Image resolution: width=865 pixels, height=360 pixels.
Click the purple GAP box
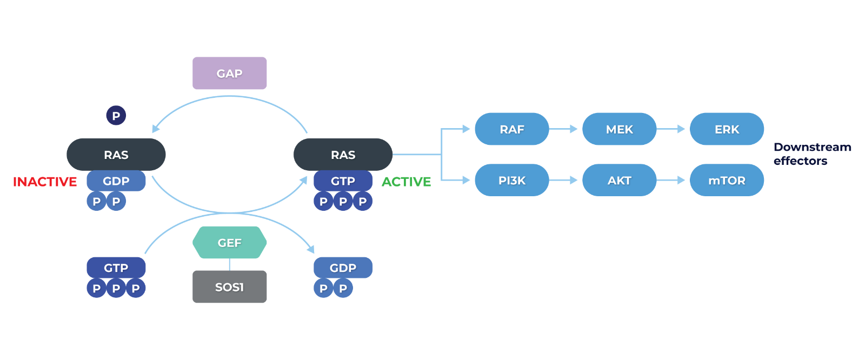click(229, 73)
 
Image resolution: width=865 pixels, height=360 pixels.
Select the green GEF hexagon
click(229, 243)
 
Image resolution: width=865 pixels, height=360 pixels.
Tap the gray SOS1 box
click(229, 286)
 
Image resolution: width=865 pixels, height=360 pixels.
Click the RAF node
click(511, 129)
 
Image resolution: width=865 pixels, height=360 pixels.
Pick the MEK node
click(619, 129)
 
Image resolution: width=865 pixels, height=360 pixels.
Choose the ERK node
click(727, 129)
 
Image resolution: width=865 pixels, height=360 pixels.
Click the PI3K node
click(511, 180)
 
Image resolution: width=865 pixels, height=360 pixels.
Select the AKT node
click(619, 180)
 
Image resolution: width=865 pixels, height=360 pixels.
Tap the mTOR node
click(727, 180)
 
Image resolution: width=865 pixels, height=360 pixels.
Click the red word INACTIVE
click(45, 182)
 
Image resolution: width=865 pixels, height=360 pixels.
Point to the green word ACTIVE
click(406, 182)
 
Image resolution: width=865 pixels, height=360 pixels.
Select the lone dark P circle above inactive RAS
click(116, 115)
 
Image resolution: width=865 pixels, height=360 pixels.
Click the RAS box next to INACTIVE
click(116, 155)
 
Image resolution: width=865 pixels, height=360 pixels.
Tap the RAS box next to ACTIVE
click(343, 155)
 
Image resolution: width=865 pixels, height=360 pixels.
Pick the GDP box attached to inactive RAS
click(116, 181)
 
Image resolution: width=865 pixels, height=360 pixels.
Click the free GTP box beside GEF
click(116, 268)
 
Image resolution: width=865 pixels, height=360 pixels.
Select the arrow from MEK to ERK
click(671, 129)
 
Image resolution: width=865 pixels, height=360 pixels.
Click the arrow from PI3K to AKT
click(564, 180)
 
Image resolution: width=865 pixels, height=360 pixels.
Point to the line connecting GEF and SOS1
click(230, 264)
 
